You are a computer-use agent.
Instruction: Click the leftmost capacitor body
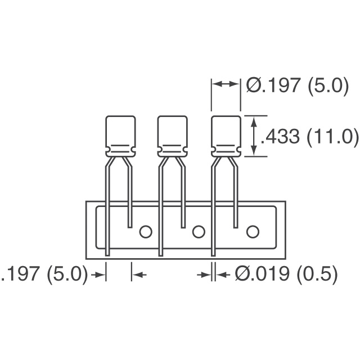tap(120, 136)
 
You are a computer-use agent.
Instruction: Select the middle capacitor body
tap(173, 136)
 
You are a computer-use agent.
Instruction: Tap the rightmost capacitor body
tap(226, 136)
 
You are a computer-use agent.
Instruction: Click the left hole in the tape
tap(146, 232)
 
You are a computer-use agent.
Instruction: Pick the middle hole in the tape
tap(199, 232)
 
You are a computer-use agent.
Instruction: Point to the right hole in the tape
tap(253, 232)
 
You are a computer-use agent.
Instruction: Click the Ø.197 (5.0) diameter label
tap(298, 85)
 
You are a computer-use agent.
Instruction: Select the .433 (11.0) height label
tap(310, 136)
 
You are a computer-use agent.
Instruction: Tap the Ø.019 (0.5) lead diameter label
tap(286, 274)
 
